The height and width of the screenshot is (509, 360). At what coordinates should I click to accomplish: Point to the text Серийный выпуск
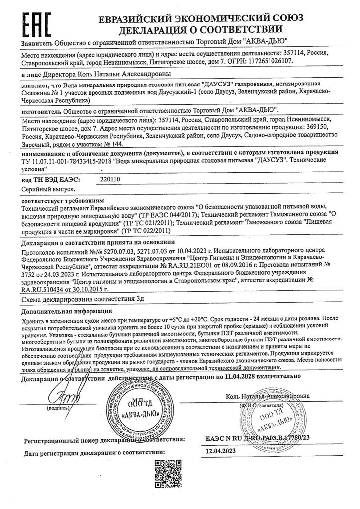tap(49, 189)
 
